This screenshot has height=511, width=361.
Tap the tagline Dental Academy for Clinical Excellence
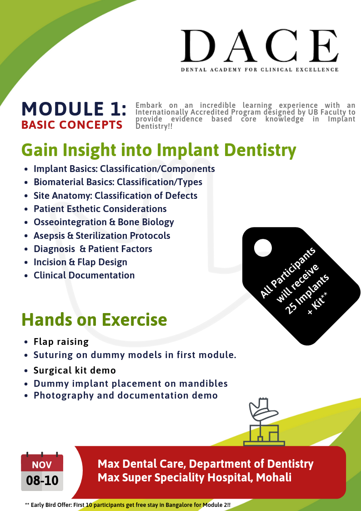[x=260, y=70]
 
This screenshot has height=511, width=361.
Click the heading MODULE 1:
[x=74, y=109]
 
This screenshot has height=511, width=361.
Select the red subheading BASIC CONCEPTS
[x=72, y=125]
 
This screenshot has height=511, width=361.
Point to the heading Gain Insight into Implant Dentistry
[x=159, y=149]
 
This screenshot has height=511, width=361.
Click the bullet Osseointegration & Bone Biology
[x=104, y=222]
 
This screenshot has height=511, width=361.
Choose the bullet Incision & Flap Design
[x=80, y=262]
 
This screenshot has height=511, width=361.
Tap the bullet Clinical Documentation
[x=84, y=275]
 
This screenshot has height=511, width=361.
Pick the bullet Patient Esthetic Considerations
[x=100, y=209]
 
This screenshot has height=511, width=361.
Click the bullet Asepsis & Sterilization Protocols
[x=102, y=236]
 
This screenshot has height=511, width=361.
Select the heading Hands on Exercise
[x=94, y=319]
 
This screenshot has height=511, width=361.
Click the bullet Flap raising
[x=61, y=341]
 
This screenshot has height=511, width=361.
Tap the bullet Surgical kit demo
[x=75, y=370]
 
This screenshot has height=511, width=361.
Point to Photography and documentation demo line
[x=125, y=395]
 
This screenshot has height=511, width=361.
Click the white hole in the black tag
[x=263, y=248]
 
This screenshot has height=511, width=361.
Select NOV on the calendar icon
[x=42, y=465]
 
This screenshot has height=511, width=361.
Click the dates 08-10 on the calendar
[x=42, y=481]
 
